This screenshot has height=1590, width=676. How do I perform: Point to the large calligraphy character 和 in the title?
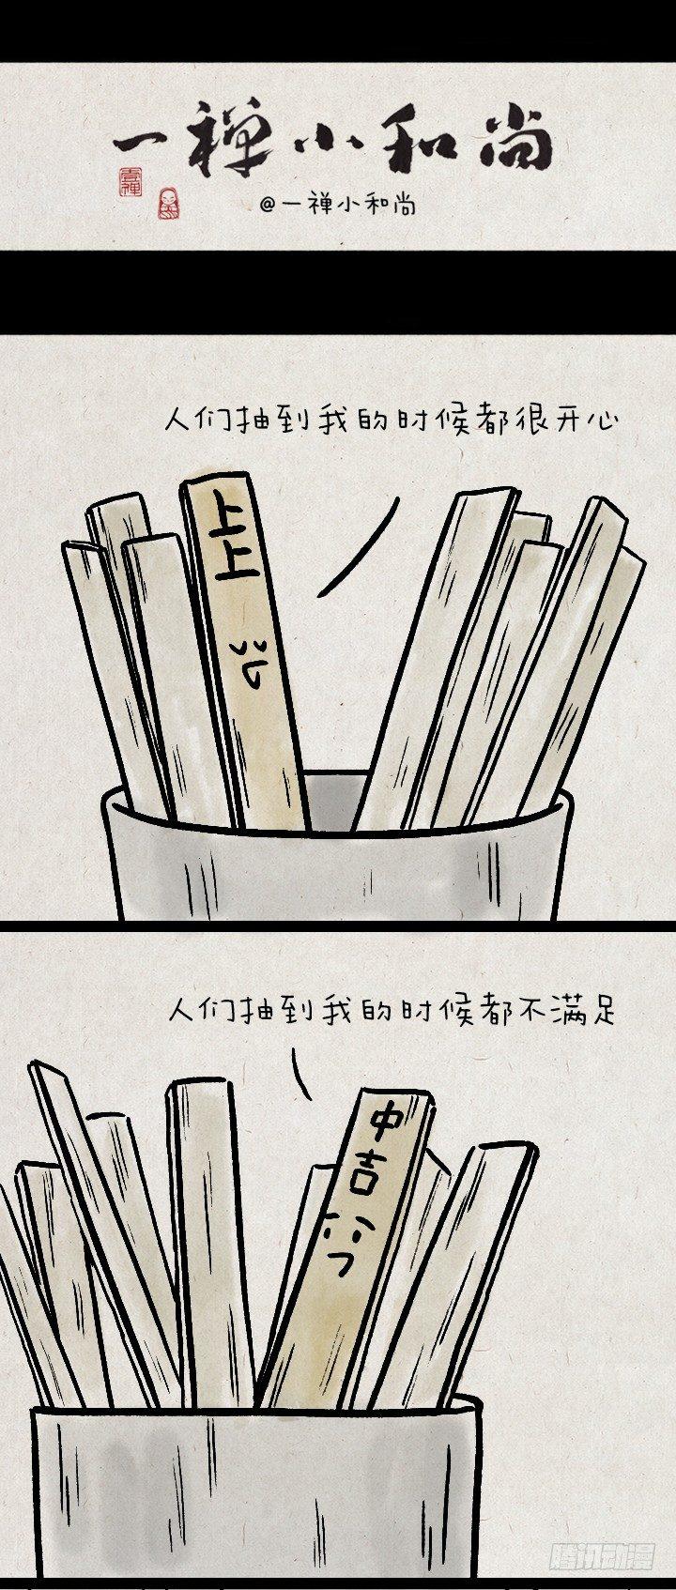point(413,143)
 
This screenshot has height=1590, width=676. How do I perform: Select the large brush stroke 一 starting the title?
point(141,144)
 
